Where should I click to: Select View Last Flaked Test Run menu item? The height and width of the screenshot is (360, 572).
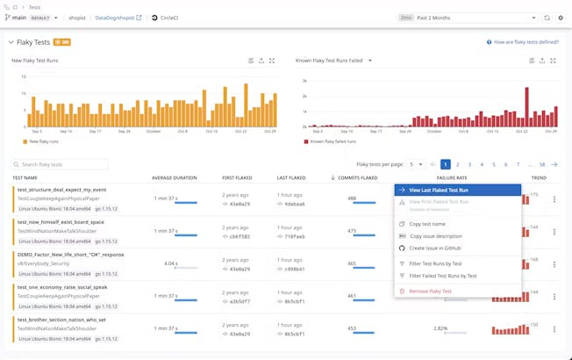(x=439, y=190)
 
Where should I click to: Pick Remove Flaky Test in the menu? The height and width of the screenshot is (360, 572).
(x=430, y=291)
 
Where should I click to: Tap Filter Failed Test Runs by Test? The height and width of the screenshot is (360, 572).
(x=443, y=276)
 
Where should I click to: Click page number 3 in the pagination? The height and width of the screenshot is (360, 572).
(x=469, y=164)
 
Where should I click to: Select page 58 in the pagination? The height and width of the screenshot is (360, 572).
(x=542, y=164)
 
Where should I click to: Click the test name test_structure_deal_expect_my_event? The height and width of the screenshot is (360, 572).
(x=61, y=189)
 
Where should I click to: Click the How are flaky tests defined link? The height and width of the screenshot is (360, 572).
(x=526, y=41)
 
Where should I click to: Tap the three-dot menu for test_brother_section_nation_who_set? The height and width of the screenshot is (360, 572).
(x=554, y=330)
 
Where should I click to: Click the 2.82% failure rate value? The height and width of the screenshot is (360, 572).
(x=440, y=328)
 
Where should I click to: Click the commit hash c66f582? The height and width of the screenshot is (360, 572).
(x=240, y=236)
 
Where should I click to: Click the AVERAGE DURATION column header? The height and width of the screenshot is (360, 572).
(x=174, y=177)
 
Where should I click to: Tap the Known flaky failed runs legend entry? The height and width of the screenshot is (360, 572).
(x=330, y=140)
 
